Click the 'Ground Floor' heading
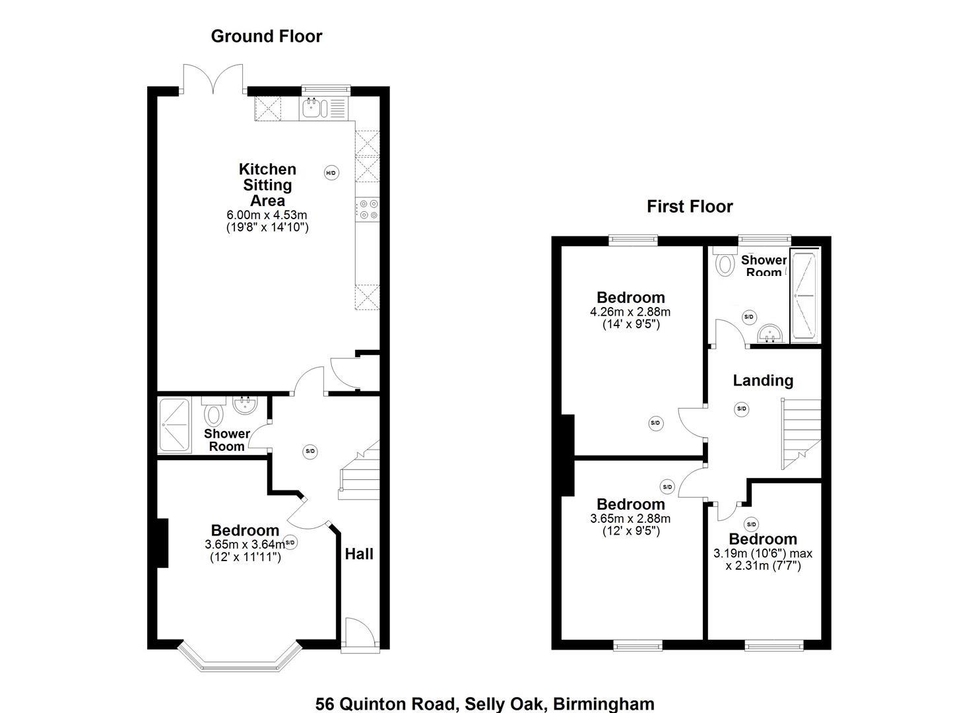tap(267, 36)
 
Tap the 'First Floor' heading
tap(690, 207)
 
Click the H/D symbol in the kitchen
tap(331, 173)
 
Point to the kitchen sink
tap(311, 108)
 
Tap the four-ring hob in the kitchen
tap(368, 209)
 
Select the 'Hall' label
tap(359, 554)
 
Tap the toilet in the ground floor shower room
tap(213, 415)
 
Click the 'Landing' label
tap(763, 380)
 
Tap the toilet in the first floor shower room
tap(725, 263)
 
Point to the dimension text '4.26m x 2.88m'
tap(630, 312)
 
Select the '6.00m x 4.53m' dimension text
tap(267, 215)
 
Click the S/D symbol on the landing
tap(741, 409)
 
